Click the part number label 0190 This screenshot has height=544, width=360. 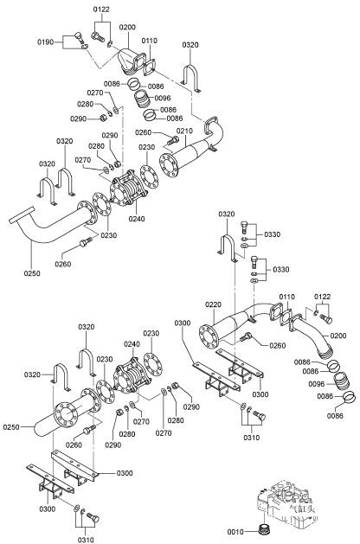(46, 42)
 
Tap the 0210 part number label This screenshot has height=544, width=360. (184, 131)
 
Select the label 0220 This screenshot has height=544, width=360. (213, 304)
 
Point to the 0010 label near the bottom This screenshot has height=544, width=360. (235, 532)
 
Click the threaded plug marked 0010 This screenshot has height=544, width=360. (266, 528)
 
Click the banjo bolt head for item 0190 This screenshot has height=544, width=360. (79, 35)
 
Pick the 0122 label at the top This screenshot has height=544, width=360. (101, 10)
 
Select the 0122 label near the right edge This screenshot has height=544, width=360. (323, 297)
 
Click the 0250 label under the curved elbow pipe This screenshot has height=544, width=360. (32, 273)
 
